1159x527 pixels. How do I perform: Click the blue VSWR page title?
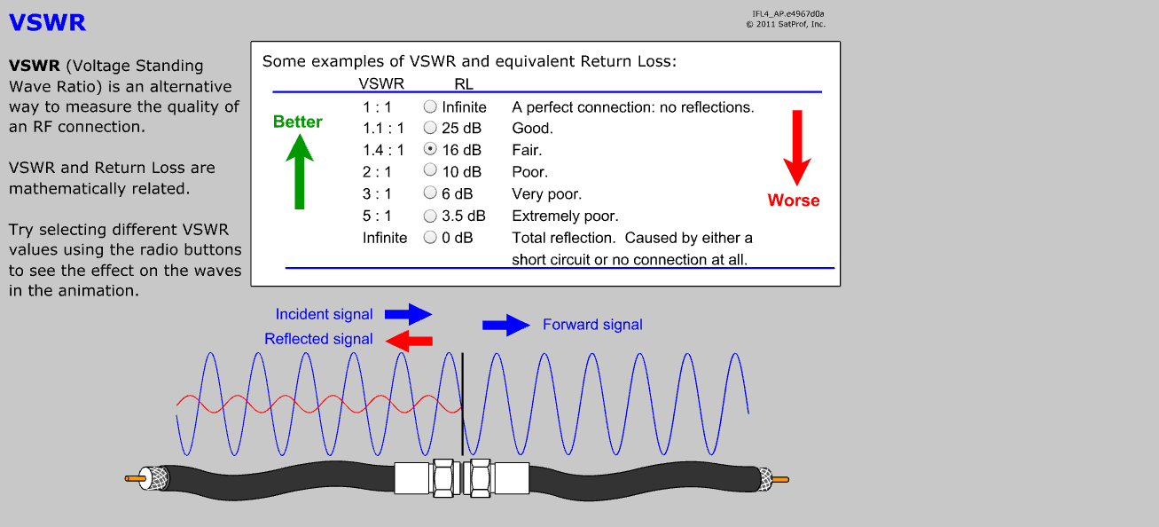[x=47, y=23]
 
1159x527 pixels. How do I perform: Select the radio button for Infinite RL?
[x=430, y=106]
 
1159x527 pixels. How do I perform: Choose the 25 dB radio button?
[x=430, y=128]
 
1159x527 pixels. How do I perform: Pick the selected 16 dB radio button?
[x=430, y=150]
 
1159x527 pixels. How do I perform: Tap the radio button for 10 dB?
[x=430, y=171]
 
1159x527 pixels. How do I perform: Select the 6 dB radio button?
[x=430, y=193]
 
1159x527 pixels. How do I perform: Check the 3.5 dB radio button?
[x=430, y=216]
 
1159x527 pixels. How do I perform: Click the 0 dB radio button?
[x=430, y=238]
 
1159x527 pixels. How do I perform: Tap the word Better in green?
[x=298, y=122]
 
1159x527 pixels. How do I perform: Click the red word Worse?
[x=794, y=201]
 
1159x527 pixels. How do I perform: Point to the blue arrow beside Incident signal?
[x=407, y=313]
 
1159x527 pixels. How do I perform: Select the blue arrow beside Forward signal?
[x=505, y=325]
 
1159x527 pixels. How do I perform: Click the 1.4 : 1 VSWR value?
[x=383, y=150]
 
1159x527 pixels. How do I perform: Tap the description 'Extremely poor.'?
[x=565, y=216]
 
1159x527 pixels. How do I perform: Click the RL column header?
[x=464, y=83]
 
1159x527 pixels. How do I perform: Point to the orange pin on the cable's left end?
[x=135, y=479]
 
